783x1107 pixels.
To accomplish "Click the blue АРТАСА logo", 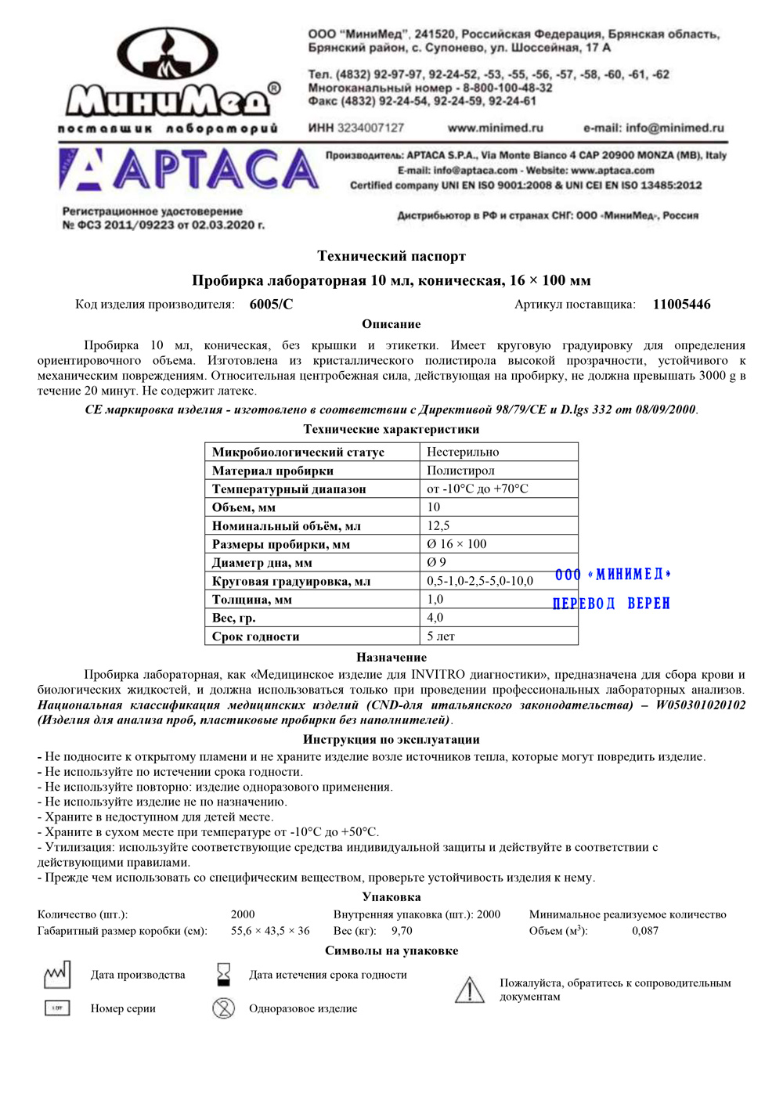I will (188, 170).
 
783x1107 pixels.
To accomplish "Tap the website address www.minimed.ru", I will (495, 128).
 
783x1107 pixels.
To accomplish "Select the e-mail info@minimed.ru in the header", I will (654, 128).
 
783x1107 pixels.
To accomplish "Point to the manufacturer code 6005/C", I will (271, 305).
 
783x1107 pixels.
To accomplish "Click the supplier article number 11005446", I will (681, 305).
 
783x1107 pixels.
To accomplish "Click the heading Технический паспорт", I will (391, 256).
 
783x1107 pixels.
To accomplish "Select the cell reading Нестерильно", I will (463, 452).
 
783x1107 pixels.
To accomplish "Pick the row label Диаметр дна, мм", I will (262, 562).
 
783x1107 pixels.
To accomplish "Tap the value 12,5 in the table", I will (438, 525).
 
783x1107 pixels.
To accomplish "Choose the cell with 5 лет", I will (441, 636).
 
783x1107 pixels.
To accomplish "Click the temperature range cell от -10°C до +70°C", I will (478, 489).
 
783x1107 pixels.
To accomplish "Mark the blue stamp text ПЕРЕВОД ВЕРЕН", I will (612, 604).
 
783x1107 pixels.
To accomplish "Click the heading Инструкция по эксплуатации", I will (391, 739).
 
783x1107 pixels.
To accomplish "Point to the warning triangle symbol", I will (470, 990).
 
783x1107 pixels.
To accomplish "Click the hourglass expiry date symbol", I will (224, 974).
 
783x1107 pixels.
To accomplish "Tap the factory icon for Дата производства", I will (57, 975).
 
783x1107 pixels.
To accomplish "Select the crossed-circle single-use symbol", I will (224, 1008).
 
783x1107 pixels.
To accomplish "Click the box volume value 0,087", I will (645, 931).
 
